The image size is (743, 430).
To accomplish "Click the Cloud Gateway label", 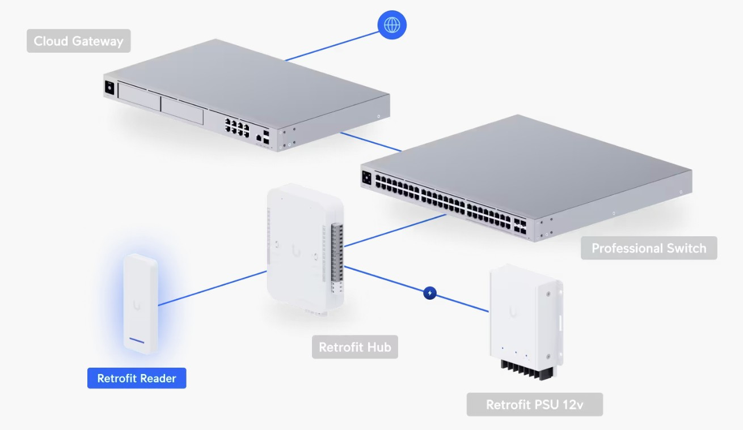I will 78,41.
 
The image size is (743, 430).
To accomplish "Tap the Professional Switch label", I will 649,248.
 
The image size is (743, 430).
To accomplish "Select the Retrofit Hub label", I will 355,347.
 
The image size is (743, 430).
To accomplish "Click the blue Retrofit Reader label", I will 137,378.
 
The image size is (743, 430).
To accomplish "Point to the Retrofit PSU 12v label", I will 534,405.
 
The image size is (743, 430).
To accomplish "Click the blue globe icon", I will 392,25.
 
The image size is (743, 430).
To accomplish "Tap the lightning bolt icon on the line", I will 430,293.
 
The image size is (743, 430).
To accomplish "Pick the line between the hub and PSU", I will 391,280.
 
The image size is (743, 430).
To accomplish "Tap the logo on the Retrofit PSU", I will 513,312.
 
